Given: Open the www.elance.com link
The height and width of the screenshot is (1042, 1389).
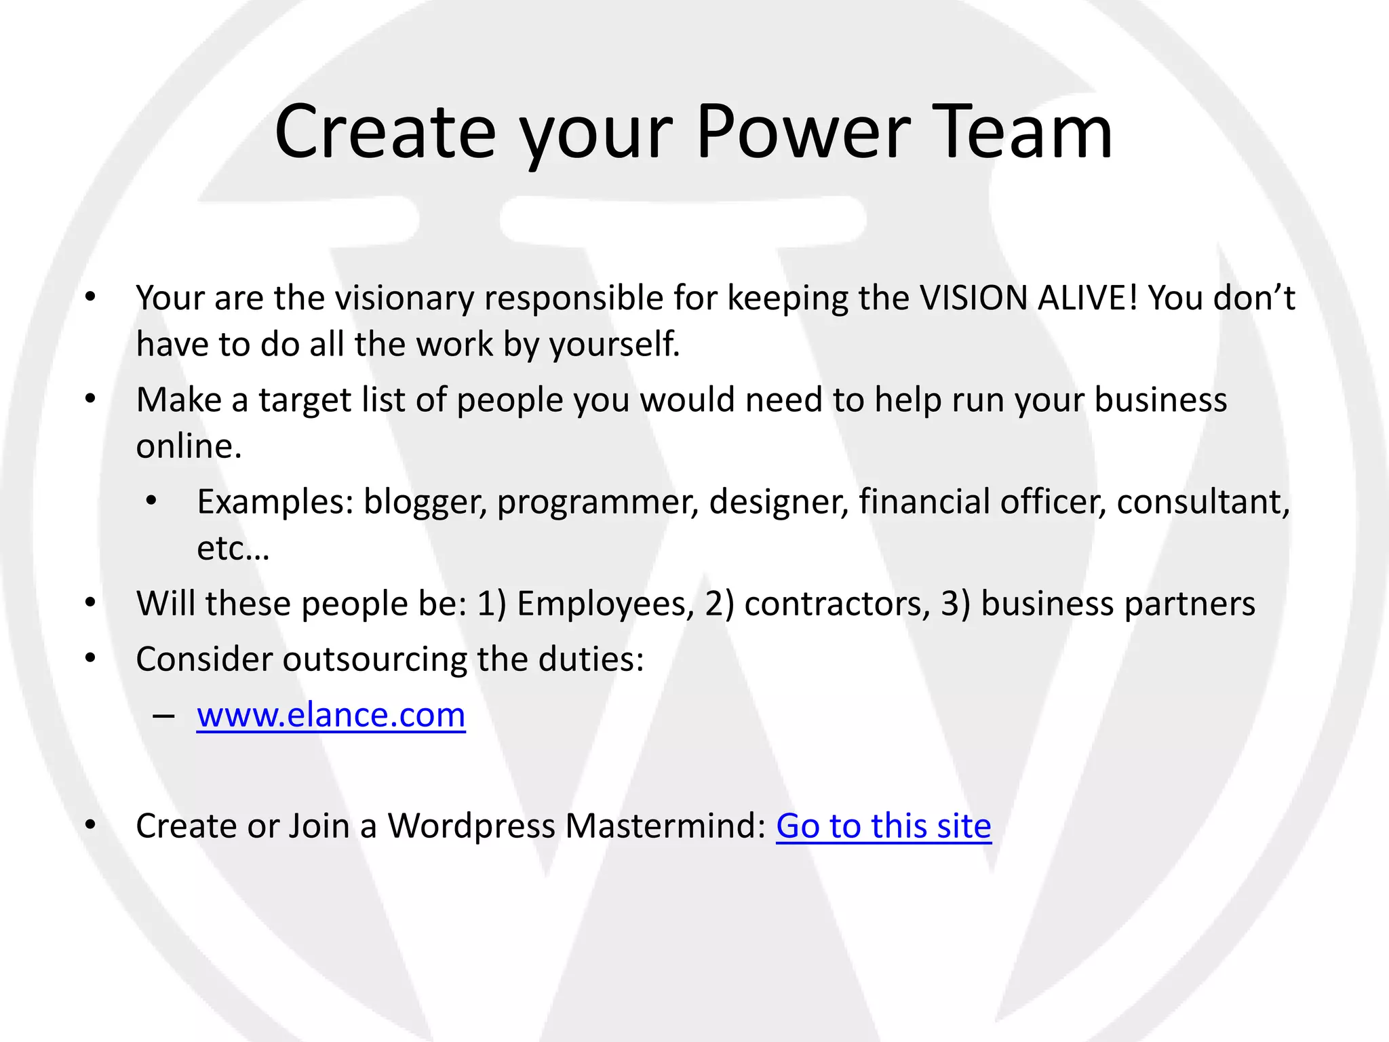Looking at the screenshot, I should pyautogui.click(x=331, y=715).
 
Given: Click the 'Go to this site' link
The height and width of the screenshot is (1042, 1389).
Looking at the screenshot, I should pyautogui.click(x=883, y=826).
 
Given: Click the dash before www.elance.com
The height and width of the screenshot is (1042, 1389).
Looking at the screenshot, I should pyautogui.click(x=163, y=716).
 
